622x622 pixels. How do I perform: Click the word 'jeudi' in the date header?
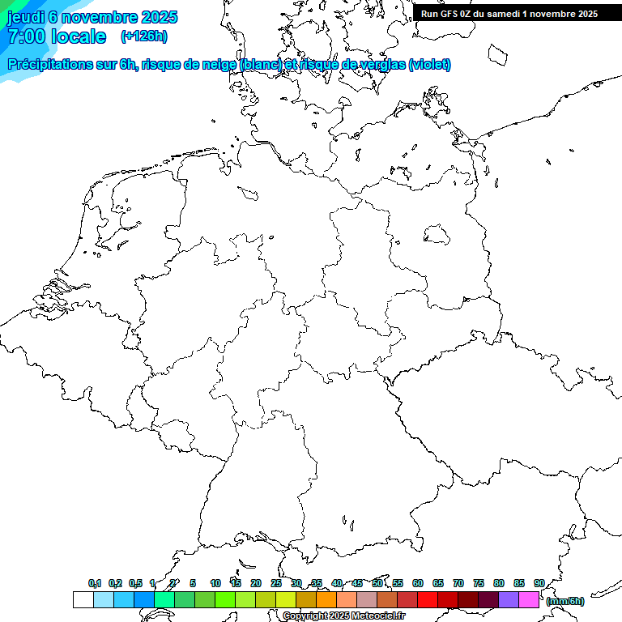(x=26, y=17)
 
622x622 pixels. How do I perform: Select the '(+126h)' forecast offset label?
(x=144, y=36)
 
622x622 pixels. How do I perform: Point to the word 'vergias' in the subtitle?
(x=378, y=65)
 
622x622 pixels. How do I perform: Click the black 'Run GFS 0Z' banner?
(x=509, y=13)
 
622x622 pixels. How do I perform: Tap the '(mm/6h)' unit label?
(x=564, y=601)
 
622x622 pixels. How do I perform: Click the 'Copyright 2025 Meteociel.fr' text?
(x=343, y=616)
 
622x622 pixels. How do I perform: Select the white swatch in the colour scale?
(x=83, y=600)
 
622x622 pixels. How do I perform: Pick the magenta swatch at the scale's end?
(x=529, y=600)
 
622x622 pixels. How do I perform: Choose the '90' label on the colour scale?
(x=539, y=583)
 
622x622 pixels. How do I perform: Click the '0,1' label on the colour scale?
(x=95, y=583)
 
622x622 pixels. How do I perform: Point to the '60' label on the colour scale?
(x=418, y=583)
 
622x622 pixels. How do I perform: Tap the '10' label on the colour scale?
(x=215, y=583)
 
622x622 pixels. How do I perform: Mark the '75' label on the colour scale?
(x=479, y=583)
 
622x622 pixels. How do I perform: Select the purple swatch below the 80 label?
(x=509, y=600)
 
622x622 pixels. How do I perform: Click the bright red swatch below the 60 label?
(x=428, y=600)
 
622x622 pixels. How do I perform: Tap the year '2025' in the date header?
(x=158, y=17)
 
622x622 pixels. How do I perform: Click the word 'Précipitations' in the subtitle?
(x=49, y=65)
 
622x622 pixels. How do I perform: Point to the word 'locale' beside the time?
(x=79, y=36)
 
